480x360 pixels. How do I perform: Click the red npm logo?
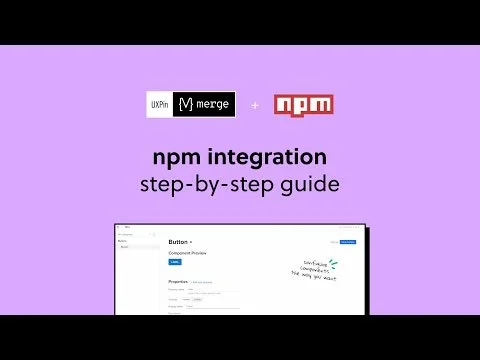304,105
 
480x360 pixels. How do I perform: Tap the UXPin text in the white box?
160,105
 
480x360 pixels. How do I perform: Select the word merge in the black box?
212,105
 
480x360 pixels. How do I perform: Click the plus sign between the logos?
254,105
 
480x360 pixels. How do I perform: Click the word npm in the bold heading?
176,157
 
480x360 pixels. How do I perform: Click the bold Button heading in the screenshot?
179,242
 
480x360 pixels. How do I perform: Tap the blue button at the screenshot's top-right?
347,242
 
